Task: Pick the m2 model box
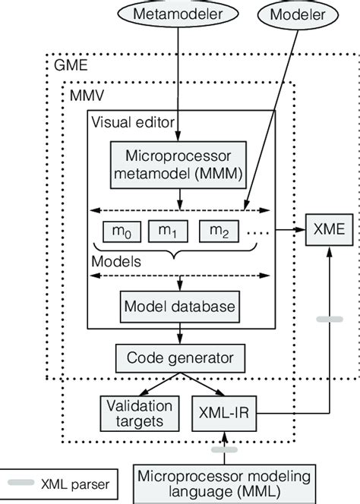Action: pos(219,231)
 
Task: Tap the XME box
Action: pos(329,228)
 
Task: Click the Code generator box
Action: pos(179,356)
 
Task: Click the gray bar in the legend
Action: pos(24,482)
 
